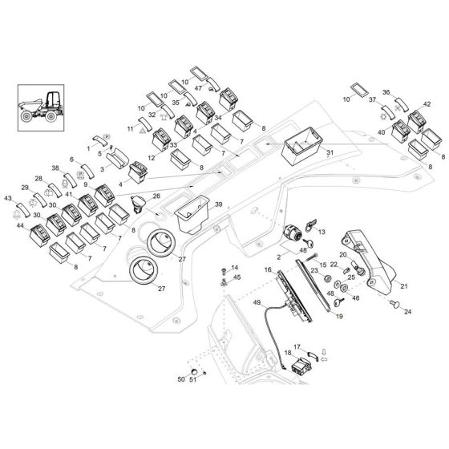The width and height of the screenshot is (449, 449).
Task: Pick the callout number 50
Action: point(181,378)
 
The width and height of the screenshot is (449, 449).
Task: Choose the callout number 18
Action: point(287,354)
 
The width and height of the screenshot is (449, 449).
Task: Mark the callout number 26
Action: point(156,196)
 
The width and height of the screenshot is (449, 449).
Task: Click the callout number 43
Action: point(9,198)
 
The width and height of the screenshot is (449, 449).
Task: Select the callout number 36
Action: point(386,92)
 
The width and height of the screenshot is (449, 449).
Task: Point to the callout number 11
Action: point(131,128)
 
